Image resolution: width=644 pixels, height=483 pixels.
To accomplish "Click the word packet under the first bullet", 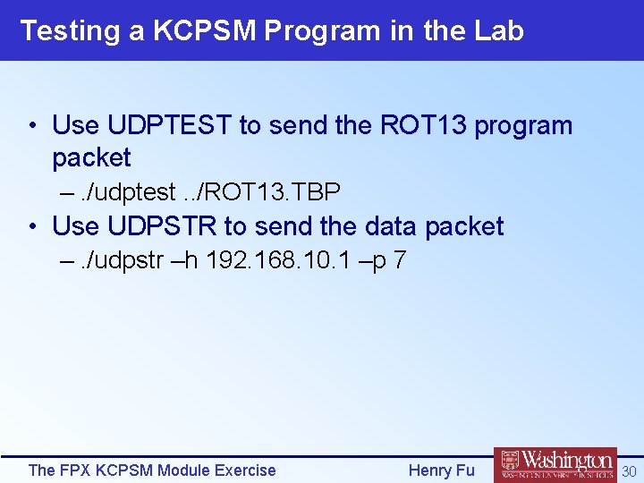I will click(x=91, y=157).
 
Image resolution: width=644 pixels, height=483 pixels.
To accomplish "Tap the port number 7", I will click(x=400, y=261).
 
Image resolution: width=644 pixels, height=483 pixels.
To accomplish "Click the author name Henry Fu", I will click(x=441, y=470).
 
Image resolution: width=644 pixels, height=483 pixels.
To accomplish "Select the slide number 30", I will click(x=629, y=470).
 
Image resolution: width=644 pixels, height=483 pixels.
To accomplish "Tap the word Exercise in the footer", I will click(x=244, y=470).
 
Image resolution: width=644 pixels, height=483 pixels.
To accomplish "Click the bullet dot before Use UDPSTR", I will click(x=32, y=227).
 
